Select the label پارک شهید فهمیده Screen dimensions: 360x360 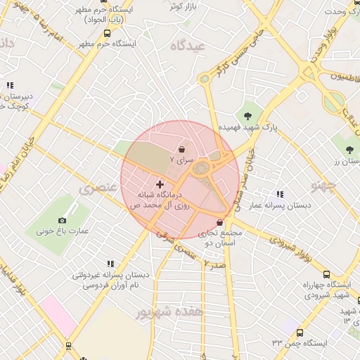[x=247, y=129]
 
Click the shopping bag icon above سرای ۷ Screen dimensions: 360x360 [x=183, y=149]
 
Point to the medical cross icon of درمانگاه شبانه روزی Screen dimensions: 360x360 [x=160, y=184]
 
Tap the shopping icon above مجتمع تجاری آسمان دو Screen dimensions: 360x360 [x=220, y=222]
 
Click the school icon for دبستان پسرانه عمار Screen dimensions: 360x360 [x=280, y=194]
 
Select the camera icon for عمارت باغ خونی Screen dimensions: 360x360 [x=62, y=220]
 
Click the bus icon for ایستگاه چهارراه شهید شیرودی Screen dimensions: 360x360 [x=326, y=274]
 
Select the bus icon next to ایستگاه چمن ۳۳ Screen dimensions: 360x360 [x=300, y=332]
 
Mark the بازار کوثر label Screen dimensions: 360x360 [x=182, y=6]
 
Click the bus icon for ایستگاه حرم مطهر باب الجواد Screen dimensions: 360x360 [x=107, y=33]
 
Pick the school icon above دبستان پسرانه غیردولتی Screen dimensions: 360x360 [x=112, y=264]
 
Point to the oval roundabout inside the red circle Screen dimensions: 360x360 [x=202, y=168]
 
